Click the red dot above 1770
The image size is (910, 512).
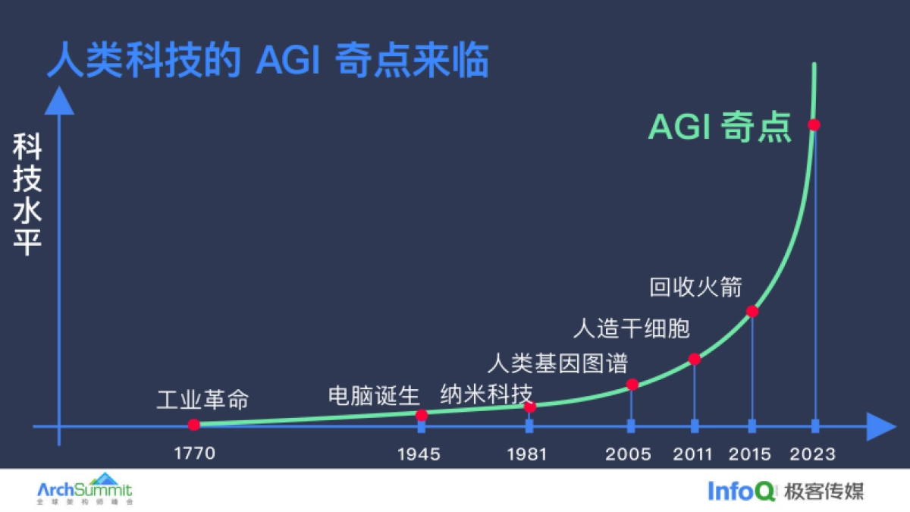[193, 425]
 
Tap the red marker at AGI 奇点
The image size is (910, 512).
[814, 124]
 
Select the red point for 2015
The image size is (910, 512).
[752, 311]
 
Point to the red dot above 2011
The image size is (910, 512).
[695, 359]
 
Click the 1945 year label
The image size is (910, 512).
[419, 454]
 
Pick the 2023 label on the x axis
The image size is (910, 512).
[813, 454]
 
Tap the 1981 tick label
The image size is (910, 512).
[528, 454]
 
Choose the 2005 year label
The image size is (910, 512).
[629, 454]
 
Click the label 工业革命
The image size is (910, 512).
[202, 400]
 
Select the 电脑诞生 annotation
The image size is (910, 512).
[374, 396]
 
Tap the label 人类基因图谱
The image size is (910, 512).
[558, 363]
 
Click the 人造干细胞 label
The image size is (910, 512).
[631, 328]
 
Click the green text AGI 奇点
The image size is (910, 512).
[720, 127]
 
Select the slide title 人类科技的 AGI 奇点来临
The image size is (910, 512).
[268, 61]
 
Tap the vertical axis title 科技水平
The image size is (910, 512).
[27, 196]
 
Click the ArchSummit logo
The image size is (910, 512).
[84, 490]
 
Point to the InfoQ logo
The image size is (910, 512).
[742, 491]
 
